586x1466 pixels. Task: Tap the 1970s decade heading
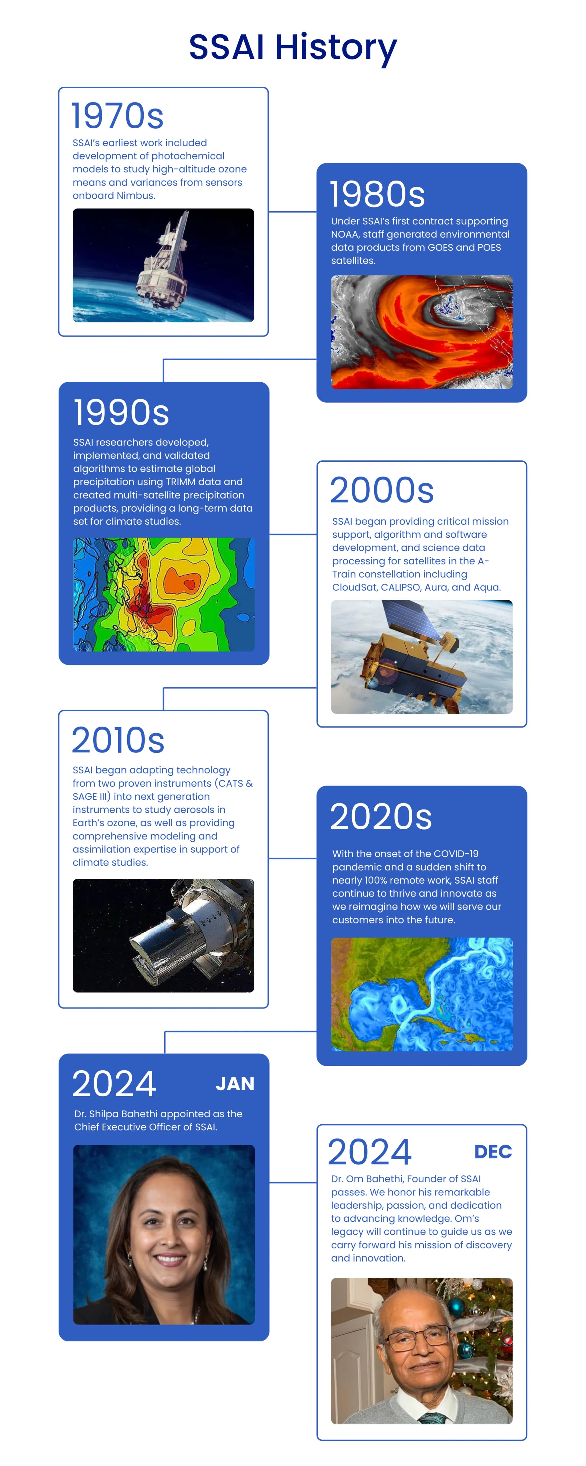[118, 116]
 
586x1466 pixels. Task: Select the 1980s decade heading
[377, 194]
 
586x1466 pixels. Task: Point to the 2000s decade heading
[382, 490]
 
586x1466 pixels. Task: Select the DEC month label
[493, 1152]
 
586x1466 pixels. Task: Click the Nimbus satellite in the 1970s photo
[165, 259]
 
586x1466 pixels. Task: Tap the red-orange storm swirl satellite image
[421, 332]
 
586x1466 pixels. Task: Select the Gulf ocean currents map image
[421, 994]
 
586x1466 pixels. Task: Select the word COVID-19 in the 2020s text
[456, 854]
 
